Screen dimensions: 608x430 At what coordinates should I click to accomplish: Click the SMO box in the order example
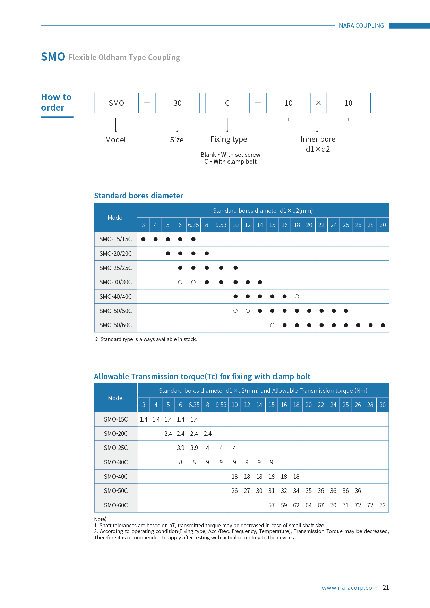coord(116,103)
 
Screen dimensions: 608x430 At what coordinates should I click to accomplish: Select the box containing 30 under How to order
coord(177,103)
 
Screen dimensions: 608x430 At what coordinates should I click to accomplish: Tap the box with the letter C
coord(227,103)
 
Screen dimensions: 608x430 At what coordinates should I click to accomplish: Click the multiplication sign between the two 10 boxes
coord(318,103)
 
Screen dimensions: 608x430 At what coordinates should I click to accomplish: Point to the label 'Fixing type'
coord(229,139)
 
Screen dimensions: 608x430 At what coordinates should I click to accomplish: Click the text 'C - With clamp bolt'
coord(230,162)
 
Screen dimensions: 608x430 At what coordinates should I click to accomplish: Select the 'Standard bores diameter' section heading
coord(138,196)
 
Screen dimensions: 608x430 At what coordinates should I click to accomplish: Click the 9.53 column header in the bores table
coord(221,225)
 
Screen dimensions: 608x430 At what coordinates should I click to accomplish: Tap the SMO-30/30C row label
coord(115,282)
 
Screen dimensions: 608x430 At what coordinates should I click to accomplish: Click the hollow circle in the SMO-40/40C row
coord(297,296)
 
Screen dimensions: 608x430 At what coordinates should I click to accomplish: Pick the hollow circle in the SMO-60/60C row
coord(272,325)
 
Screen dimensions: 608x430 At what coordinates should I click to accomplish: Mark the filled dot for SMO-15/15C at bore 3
coord(143,239)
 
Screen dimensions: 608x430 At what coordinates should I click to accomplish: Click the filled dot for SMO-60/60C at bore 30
coord(383,325)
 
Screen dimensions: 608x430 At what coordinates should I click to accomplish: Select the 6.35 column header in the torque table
coord(194,405)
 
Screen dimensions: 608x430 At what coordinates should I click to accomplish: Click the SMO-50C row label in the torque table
coord(116,491)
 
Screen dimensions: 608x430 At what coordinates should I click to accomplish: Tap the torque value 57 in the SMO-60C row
coord(272,505)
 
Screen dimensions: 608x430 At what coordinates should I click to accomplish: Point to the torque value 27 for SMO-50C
coord(247,491)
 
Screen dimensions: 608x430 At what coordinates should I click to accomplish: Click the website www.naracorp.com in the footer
coord(350,588)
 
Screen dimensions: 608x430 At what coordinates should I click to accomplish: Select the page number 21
coord(386,588)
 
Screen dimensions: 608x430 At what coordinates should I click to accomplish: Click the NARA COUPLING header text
coord(361,26)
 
